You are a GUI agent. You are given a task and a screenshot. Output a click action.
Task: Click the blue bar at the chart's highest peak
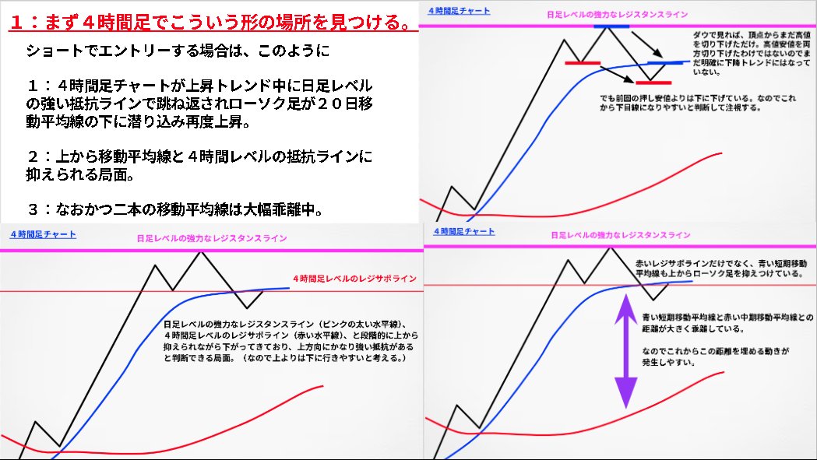(611, 26)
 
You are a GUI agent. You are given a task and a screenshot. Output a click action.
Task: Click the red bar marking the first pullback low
(583, 62)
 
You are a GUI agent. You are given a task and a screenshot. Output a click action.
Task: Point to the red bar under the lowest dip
(653, 82)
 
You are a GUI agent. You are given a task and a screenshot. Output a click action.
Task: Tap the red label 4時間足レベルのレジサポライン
(354, 278)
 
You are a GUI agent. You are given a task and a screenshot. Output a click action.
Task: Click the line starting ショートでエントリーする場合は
(178, 53)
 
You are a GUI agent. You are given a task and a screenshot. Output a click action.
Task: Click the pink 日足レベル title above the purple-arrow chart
(620, 234)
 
